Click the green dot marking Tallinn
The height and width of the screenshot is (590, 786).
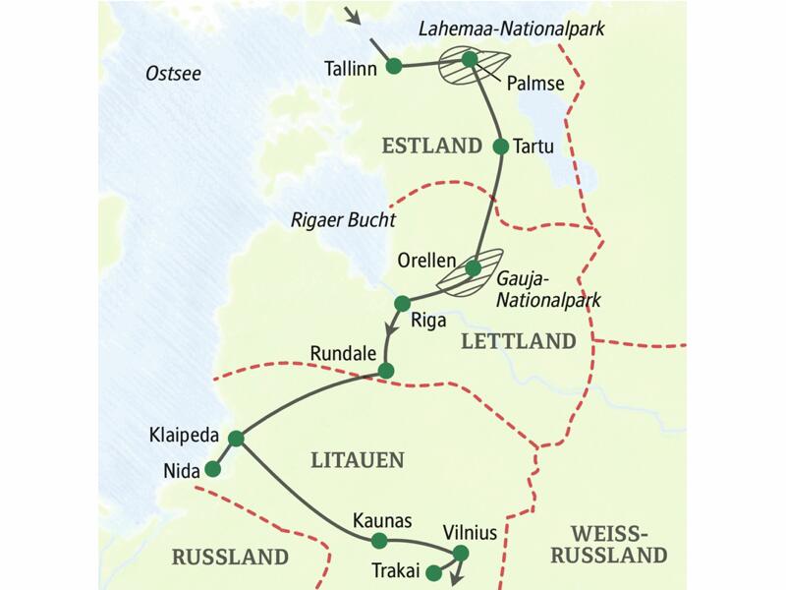point(394,66)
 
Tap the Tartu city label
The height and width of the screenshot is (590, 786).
point(535,147)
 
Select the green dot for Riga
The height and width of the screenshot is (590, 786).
point(401,303)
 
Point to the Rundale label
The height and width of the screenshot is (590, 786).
point(342,352)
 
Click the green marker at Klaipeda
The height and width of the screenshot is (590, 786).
point(236,439)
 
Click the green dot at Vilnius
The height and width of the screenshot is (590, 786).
point(461,554)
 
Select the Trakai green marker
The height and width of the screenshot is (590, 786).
point(431,570)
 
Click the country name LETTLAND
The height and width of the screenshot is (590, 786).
point(517,341)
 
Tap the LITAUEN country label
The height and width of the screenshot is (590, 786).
point(357,459)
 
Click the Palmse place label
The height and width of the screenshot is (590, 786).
point(535,84)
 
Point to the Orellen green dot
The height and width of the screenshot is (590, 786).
point(473,267)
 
